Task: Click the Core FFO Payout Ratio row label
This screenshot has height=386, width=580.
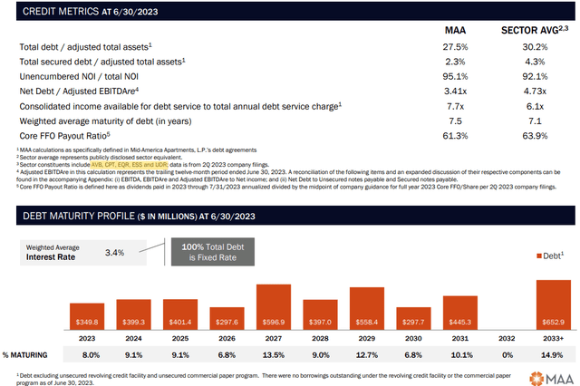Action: point(55,134)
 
